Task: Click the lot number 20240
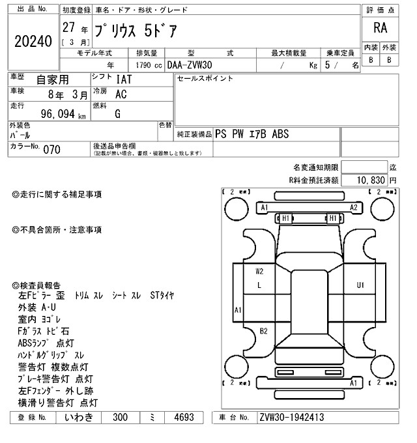coord(33,42)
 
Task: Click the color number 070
coord(51,150)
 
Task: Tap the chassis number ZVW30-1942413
coord(291,418)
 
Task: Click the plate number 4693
coord(182,418)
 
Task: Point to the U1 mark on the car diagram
coord(360,285)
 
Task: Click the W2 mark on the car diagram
coord(259,270)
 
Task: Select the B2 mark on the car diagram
coord(264,331)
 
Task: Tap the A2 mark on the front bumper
coord(354,207)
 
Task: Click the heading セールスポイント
coord(205,79)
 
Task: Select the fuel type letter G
coord(118,115)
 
